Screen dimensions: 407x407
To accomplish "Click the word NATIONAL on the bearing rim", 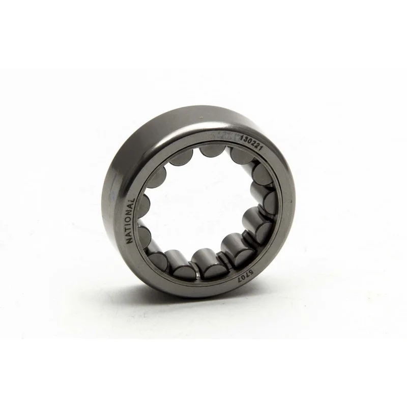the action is [x=130, y=221].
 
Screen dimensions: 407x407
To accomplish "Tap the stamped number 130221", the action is [x=252, y=143].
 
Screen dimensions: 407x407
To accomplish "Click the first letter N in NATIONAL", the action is [x=129, y=240].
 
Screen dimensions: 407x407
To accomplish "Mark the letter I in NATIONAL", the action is [x=130, y=223].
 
